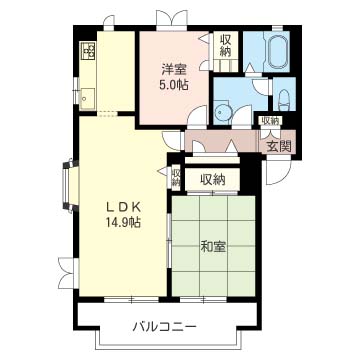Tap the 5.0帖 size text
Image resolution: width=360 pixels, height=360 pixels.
pos(175,86)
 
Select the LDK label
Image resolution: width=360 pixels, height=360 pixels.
pos(122,207)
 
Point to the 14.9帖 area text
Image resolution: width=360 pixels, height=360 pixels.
pos(122,221)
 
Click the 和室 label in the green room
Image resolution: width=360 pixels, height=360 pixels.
pos(213,247)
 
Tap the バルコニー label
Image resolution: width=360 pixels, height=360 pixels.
pos(164,326)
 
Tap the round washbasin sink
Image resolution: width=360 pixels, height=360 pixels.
pos(220,113)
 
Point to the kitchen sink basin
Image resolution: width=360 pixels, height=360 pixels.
pos(87,98)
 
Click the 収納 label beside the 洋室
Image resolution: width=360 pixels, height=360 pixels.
pos(226,46)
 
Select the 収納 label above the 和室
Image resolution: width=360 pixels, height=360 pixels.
pos(213,180)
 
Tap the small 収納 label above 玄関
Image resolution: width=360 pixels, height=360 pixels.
pos(270,121)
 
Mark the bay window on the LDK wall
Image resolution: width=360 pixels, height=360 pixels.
pos(70,186)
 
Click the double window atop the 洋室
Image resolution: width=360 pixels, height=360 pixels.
pos(172,20)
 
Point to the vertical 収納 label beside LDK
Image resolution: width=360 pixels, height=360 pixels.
pos(176,178)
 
